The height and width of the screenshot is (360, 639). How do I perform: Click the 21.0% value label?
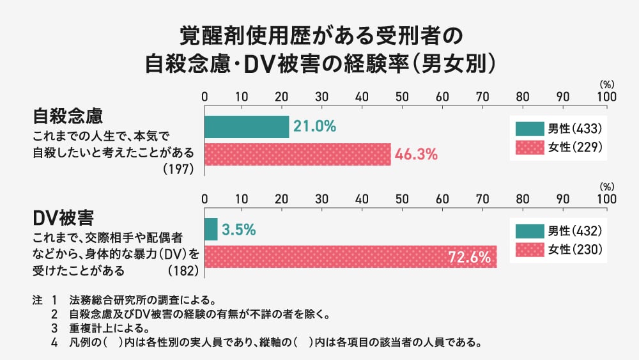point(314,127)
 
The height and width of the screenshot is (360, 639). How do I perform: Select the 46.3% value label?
point(415,154)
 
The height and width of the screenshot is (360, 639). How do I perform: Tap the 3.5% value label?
point(238,229)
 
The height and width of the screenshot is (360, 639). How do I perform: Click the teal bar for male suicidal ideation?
point(247,127)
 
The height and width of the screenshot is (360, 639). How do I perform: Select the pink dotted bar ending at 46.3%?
point(297,155)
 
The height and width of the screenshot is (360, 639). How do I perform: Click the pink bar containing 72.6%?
point(332,257)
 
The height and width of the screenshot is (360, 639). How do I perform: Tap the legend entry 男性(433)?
point(558,128)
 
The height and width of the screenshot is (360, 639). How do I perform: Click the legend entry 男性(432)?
point(558,230)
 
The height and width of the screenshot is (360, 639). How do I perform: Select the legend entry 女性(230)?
point(558,249)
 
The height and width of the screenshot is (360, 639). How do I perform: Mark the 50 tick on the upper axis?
point(402,97)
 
